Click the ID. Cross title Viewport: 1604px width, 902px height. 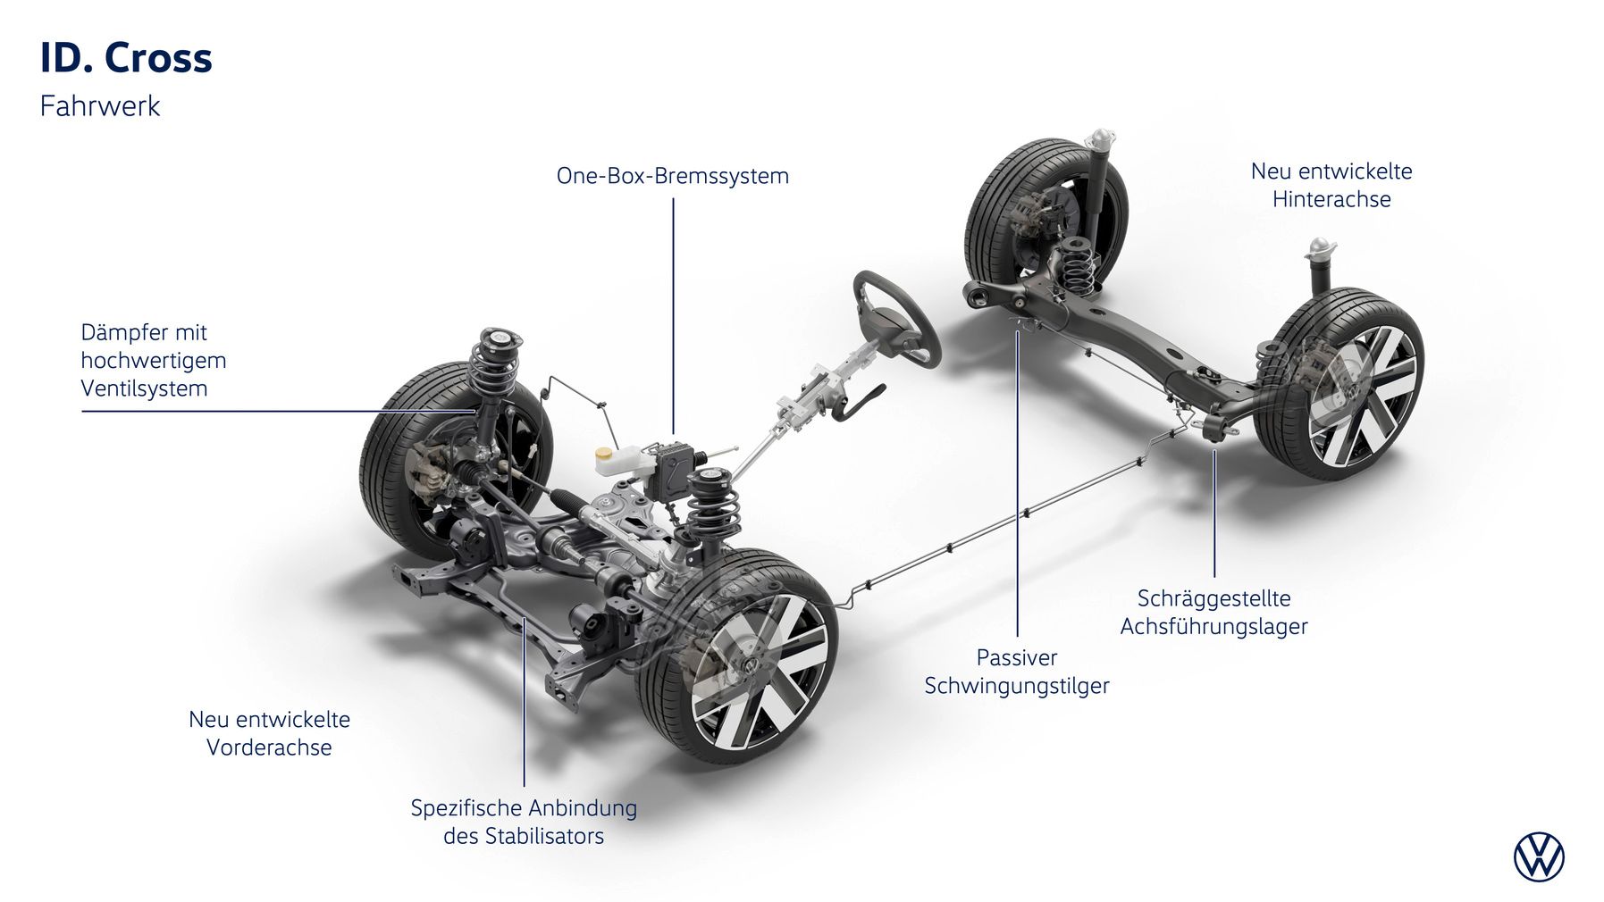(x=126, y=58)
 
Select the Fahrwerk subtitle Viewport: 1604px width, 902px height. (x=100, y=106)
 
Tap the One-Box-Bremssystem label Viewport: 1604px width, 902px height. (x=672, y=176)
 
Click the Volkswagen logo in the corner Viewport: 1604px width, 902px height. (x=1539, y=857)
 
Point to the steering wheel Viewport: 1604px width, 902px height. (x=895, y=318)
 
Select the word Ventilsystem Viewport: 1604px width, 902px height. (x=144, y=388)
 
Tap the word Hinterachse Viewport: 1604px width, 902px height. (x=1331, y=199)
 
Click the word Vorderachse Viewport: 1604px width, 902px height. (x=269, y=747)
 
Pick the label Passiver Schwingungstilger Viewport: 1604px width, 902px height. (x=1016, y=672)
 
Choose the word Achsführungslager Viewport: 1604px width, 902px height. (x=1213, y=626)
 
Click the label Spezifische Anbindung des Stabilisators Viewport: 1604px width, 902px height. (x=524, y=822)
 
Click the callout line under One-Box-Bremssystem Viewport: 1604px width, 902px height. (x=673, y=313)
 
